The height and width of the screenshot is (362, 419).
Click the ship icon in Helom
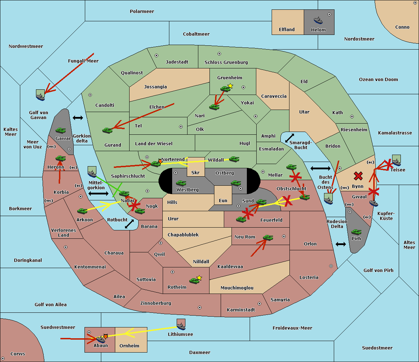pos(318,20)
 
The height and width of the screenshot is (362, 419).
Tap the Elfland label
pos(287,30)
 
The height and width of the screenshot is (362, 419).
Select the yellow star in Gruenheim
pos(230,86)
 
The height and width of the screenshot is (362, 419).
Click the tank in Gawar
pos(60,131)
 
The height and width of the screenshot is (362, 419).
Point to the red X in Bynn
pos(358,176)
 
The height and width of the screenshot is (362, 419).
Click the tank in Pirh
pos(356,232)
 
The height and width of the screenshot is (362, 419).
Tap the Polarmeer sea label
pos(142,12)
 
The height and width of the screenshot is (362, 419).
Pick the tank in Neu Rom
pos(268,238)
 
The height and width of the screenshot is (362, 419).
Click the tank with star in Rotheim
pos(194,280)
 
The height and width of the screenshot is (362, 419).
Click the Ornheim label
pos(129,346)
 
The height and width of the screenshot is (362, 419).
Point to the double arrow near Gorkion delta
pos(78,118)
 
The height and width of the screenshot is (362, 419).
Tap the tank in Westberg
pos(181,183)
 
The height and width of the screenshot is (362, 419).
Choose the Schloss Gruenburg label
pos(226,62)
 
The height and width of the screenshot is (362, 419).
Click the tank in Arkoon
pos(82,211)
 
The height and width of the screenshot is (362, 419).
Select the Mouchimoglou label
pos(237,288)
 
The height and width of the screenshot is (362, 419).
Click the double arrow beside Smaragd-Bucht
pos(289,138)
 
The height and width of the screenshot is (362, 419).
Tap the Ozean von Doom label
pos(378,80)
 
